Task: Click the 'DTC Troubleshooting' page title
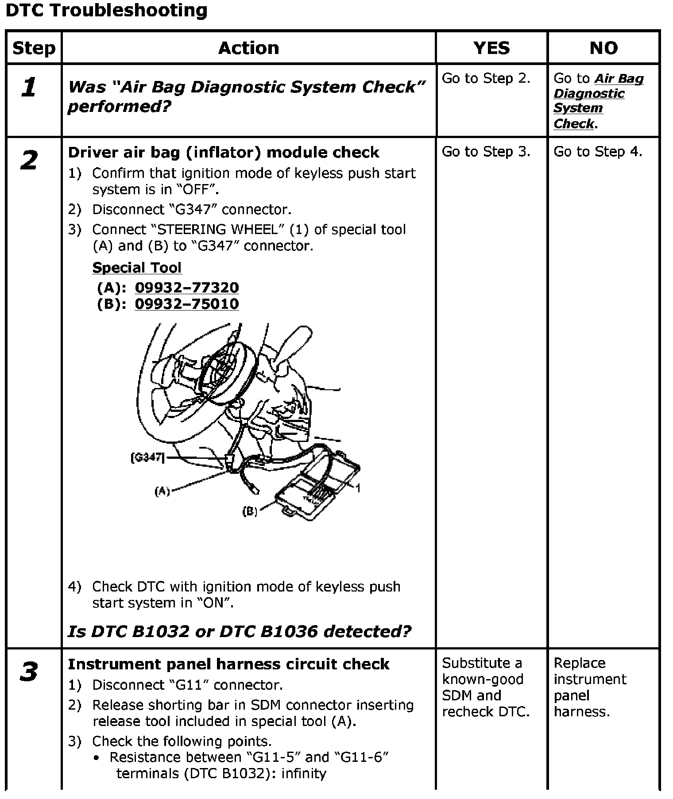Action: point(106,10)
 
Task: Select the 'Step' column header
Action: point(34,48)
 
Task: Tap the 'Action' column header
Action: point(248,48)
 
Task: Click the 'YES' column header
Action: point(491,48)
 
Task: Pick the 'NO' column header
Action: point(603,48)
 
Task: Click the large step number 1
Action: point(29,87)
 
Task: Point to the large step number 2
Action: point(29,160)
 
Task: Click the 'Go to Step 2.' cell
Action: point(486,78)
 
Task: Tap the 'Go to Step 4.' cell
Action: point(598,152)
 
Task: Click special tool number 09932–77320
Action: point(186,288)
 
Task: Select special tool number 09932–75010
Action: point(186,304)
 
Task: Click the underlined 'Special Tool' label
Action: point(137,268)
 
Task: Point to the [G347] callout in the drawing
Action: point(147,457)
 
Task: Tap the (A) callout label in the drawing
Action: point(162,491)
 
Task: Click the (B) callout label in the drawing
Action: point(250,511)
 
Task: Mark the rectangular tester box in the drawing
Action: point(317,489)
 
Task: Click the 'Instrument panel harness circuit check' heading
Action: point(228,664)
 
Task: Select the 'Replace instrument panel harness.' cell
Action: point(590,687)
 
